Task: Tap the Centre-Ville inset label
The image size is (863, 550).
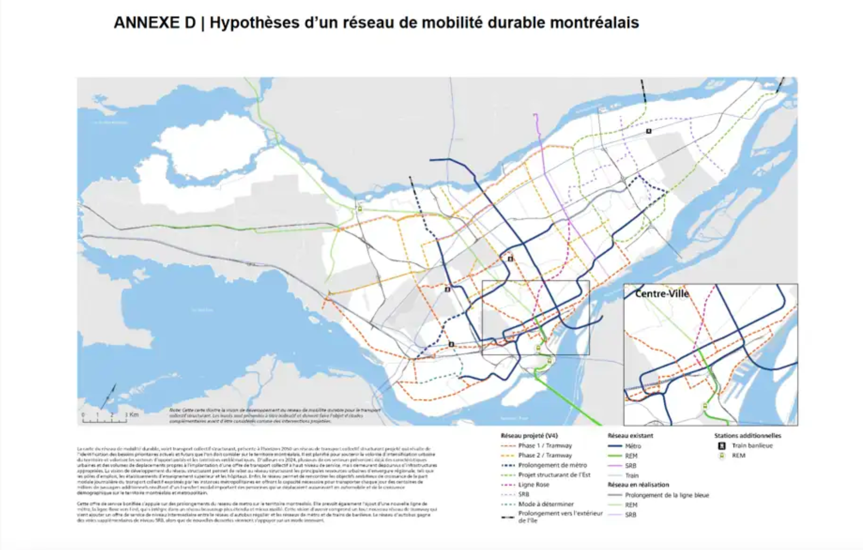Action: pyautogui.click(x=661, y=294)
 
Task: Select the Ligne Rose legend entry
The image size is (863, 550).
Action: pyautogui.click(x=533, y=484)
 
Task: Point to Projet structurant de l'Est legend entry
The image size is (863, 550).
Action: pyautogui.click(x=554, y=475)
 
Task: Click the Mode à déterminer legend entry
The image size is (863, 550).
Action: pyautogui.click(x=546, y=504)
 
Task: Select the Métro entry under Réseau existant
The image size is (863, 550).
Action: pyautogui.click(x=632, y=446)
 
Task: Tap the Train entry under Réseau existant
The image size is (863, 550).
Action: pyautogui.click(x=631, y=475)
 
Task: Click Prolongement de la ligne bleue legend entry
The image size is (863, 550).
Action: pyautogui.click(x=667, y=495)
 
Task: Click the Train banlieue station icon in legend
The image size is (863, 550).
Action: pyautogui.click(x=722, y=446)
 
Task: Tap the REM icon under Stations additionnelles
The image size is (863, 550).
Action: pyautogui.click(x=722, y=455)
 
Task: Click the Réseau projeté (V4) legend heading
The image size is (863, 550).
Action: pyautogui.click(x=529, y=436)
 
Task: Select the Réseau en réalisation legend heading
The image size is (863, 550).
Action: pyautogui.click(x=638, y=485)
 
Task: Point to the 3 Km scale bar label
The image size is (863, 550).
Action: pyautogui.click(x=132, y=415)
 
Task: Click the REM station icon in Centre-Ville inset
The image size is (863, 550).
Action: pyautogui.click(x=705, y=406)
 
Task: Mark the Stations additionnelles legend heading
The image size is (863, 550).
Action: pyautogui.click(x=747, y=436)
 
